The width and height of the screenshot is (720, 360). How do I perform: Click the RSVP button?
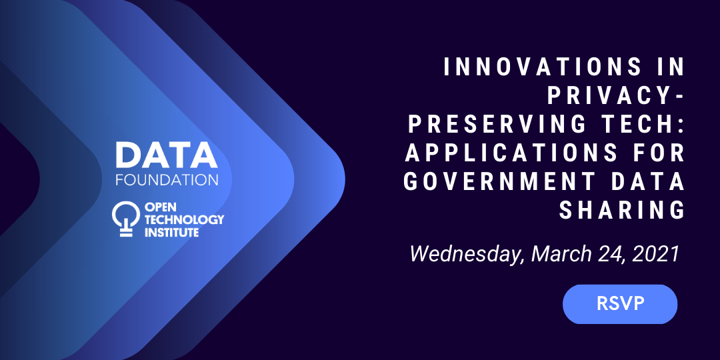click(x=620, y=304)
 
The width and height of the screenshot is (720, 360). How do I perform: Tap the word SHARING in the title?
click(x=622, y=211)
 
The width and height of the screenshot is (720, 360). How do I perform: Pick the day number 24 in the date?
click(x=614, y=253)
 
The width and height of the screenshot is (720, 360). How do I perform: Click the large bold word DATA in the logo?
click(x=166, y=155)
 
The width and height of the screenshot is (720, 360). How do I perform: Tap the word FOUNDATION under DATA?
click(x=166, y=180)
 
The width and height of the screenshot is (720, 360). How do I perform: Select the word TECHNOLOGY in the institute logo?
click(x=184, y=219)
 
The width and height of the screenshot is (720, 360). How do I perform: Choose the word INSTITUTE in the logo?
click(x=171, y=233)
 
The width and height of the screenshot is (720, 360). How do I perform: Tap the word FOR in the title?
click(x=659, y=153)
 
